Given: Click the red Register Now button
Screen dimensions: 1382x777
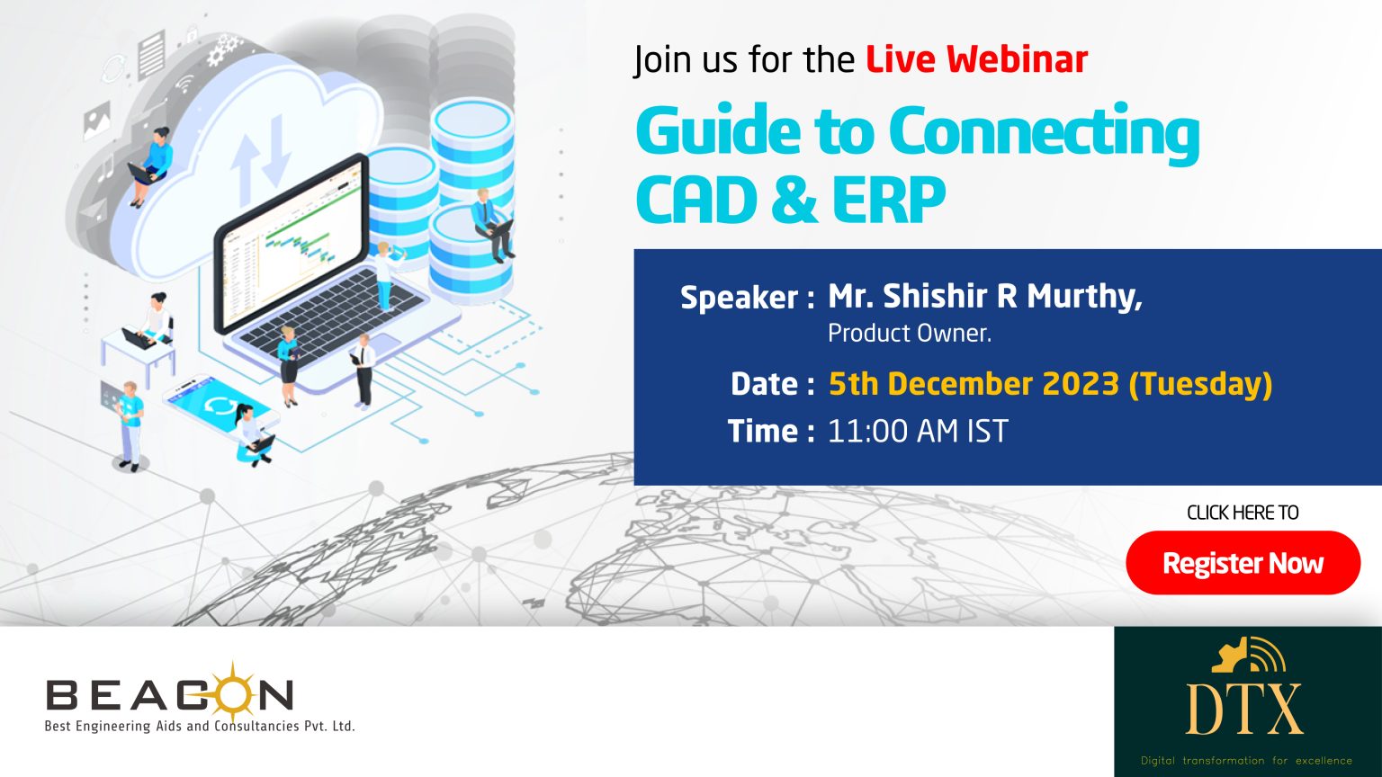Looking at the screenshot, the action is (x=1243, y=562).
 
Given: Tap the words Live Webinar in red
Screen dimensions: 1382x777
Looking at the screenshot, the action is (x=976, y=60).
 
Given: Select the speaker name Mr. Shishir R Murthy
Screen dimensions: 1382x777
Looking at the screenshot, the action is (x=984, y=297).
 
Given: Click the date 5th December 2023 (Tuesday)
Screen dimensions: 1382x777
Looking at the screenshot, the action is (x=1050, y=384).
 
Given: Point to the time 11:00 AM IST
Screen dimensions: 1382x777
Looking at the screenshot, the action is (x=918, y=431).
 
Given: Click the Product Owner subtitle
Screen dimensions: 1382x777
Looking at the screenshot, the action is (x=910, y=333).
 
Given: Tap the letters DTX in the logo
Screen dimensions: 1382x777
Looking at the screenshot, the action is (x=1243, y=710).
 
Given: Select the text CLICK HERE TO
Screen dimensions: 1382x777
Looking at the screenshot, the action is (x=1243, y=513).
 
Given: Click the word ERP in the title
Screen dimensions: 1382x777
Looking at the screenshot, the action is (x=889, y=199).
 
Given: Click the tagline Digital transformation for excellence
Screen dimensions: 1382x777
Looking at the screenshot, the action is (x=1246, y=760).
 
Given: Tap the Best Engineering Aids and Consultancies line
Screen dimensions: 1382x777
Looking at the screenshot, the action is (x=200, y=726).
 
